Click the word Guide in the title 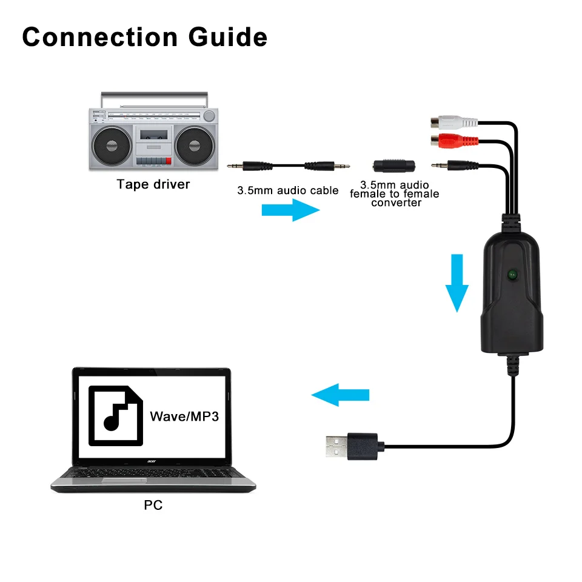pyautogui.click(x=228, y=38)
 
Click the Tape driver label pyautogui.click(x=153, y=184)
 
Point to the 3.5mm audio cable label pyautogui.click(x=287, y=190)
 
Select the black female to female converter pyautogui.click(x=393, y=165)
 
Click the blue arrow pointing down pyautogui.click(x=458, y=283)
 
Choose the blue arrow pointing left pyautogui.click(x=339, y=395)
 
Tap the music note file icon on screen pyautogui.click(x=116, y=415)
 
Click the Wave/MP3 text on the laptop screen pyautogui.click(x=184, y=416)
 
